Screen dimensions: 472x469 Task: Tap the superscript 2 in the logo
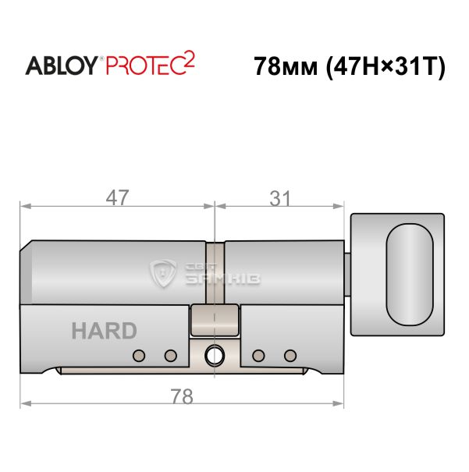click(x=189, y=59)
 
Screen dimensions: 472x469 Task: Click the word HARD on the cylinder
click(x=104, y=331)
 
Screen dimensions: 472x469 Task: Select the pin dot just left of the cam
click(x=169, y=356)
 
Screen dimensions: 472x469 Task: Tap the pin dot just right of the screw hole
click(x=258, y=356)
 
